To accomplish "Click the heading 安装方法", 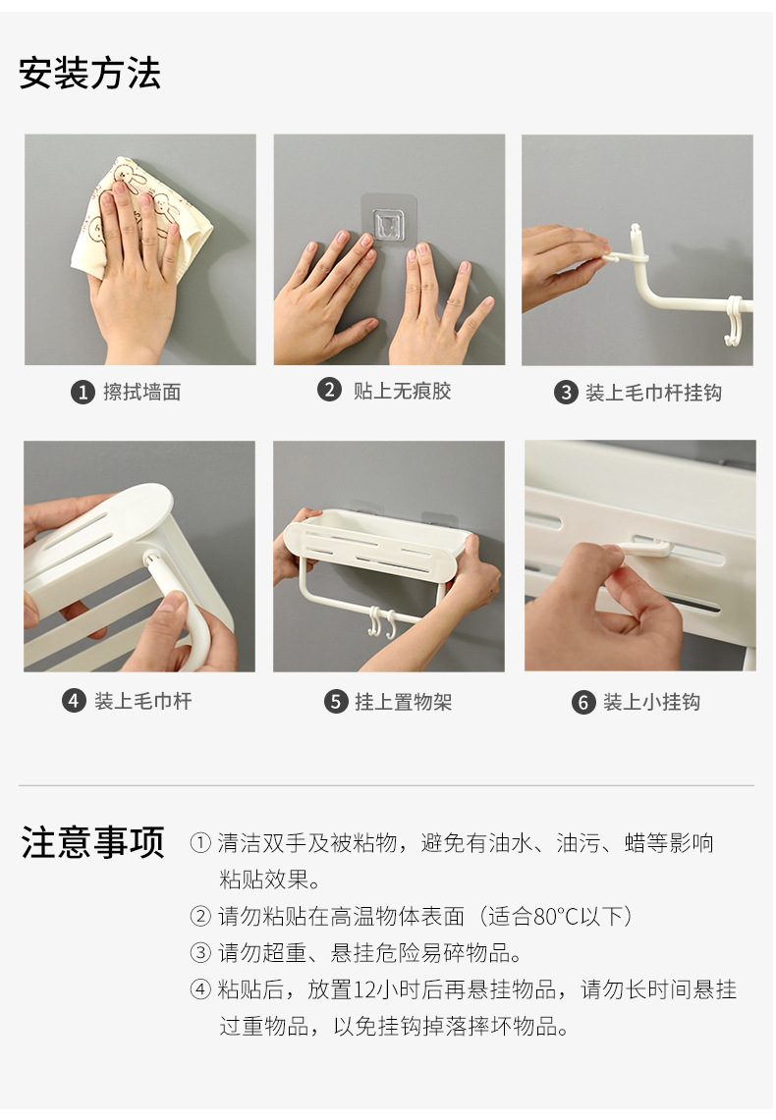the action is pyautogui.click(x=90, y=74).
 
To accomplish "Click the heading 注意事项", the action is pyautogui.click(x=93, y=842).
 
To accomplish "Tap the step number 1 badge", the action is pyautogui.click(x=83, y=392).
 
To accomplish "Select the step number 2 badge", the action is pyautogui.click(x=329, y=390).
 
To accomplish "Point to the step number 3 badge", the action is pyautogui.click(x=566, y=392).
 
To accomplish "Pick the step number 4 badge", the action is pyautogui.click(x=74, y=701).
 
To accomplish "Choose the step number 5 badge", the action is pyautogui.click(x=336, y=702).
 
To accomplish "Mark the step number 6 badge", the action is pyautogui.click(x=583, y=702).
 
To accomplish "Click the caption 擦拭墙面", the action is pyautogui.click(x=142, y=392).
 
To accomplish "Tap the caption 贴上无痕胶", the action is pyautogui.click(x=403, y=391).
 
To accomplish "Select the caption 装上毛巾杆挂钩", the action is pyautogui.click(x=653, y=392).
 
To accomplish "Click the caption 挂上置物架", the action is pyautogui.click(x=404, y=702).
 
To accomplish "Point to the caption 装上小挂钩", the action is pyautogui.click(x=651, y=702).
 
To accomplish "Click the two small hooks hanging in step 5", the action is pyautogui.click(x=381, y=623).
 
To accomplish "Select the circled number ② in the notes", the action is pyautogui.click(x=200, y=916).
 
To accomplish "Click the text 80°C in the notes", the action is pyautogui.click(x=556, y=916).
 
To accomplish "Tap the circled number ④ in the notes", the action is pyautogui.click(x=200, y=989).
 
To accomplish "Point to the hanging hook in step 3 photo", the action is pyautogui.click(x=733, y=320).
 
